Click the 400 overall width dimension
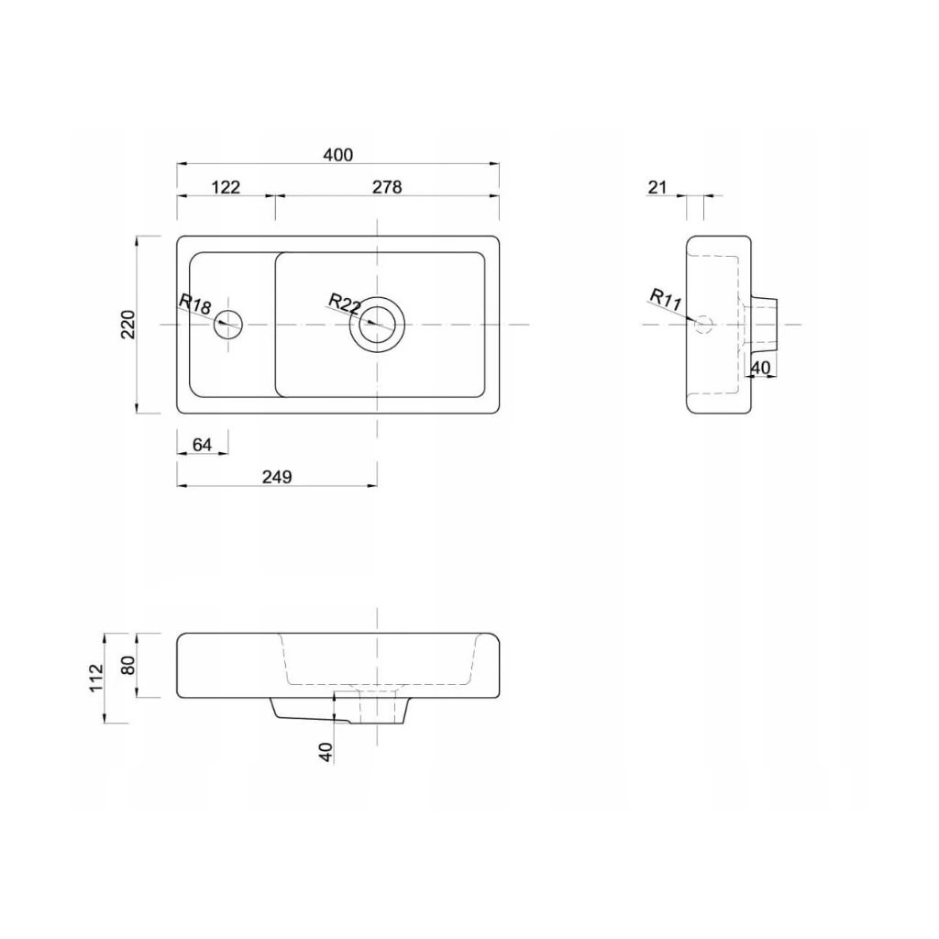pyautogui.click(x=338, y=155)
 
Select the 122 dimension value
pyautogui.click(x=226, y=187)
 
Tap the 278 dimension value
pyautogui.click(x=387, y=187)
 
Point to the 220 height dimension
pyautogui.click(x=128, y=325)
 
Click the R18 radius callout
pyautogui.click(x=195, y=304)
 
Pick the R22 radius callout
pyautogui.click(x=345, y=304)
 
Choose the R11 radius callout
pyautogui.click(x=666, y=300)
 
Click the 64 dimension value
pyautogui.click(x=203, y=445)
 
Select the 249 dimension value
pyautogui.click(x=277, y=477)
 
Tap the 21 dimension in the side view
pyautogui.click(x=657, y=187)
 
